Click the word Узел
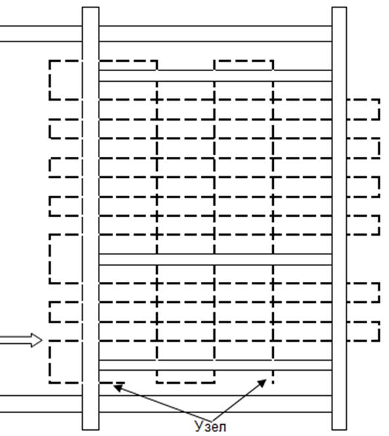click(x=210, y=427)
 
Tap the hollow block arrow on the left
click(x=21, y=340)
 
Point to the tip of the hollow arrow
click(x=42, y=340)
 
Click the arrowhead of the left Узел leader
click(x=118, y=387)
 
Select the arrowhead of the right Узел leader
click(x=262, y=383)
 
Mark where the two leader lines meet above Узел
click(x=211, y=420)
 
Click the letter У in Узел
click(x=198, y=427)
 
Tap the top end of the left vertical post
click(x=91, y=7)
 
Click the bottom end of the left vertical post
click(x=91, y=429)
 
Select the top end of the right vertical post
click(x=339, y=7)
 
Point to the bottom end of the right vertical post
click(x=339, y=429)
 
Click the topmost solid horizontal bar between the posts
click(x=216, y=34)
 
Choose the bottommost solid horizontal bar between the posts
click(x=216, y=404)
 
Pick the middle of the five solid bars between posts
click(x=216, y=259)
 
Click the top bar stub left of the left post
click(x=41, y=34)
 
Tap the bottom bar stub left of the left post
click(x=41, y=404)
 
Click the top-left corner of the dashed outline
click(x=50, y=61)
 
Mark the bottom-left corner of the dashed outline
click(x=50, y=383)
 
